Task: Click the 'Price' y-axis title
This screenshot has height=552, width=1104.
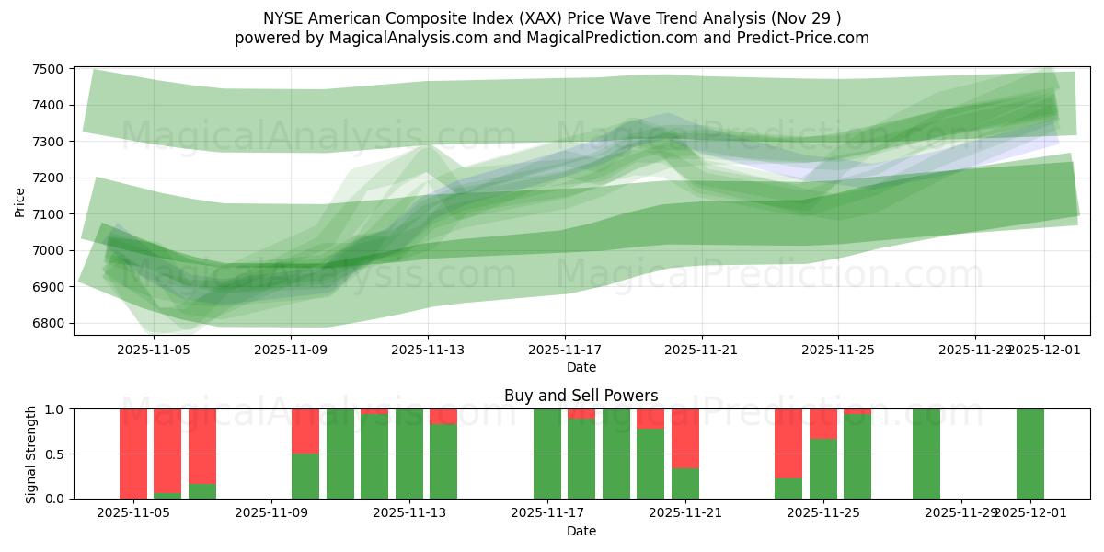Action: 20,201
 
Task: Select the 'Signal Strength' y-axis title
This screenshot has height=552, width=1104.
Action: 31,454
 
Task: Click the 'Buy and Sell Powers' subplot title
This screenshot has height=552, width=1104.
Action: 581,396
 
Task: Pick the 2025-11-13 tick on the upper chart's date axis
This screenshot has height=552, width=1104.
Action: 428,350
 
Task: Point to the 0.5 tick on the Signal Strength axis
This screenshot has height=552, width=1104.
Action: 55,454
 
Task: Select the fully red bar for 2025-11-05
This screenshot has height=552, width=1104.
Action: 133,454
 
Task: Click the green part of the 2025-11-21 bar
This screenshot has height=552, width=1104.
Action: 685,483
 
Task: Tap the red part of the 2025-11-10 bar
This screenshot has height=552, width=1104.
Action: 305,431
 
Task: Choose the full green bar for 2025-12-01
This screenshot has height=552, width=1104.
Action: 1030,454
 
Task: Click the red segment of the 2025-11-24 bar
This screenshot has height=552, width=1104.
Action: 788,443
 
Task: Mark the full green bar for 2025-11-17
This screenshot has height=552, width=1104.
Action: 547,454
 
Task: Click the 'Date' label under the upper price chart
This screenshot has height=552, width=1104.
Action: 581,367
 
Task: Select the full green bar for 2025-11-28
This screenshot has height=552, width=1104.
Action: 926,454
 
